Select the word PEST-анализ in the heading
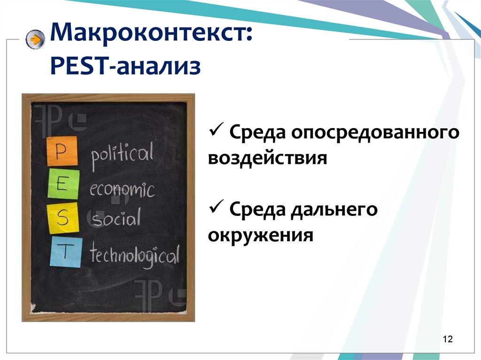point(125,66)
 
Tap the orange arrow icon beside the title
point(35,40)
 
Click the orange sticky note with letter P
point(62,152)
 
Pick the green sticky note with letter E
point(63,184)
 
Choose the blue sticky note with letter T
point(65,252)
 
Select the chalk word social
point(116,219)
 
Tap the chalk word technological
point(134,256)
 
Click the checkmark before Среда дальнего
point(215,208)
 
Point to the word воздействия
point(267,158)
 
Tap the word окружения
point(260,235)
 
